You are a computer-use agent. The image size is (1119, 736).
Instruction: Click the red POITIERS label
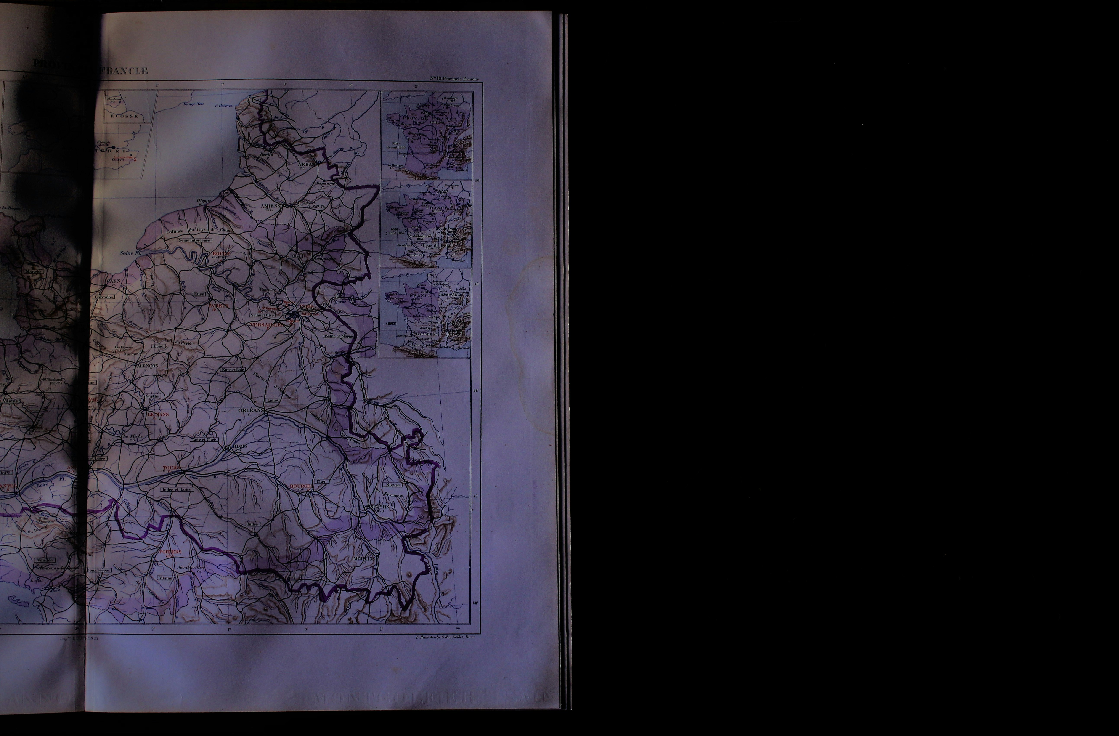click(x=170, y=552)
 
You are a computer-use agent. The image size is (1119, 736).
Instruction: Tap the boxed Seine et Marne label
click(x=339, y=336)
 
